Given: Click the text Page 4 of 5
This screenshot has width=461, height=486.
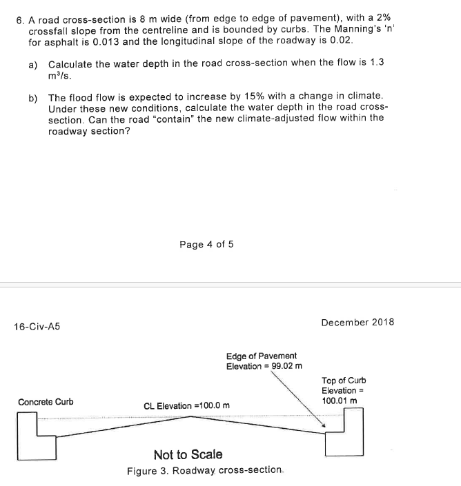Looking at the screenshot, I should point(206,244).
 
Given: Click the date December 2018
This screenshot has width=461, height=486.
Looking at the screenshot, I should point(357,322).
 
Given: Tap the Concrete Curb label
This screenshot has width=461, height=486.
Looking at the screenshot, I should point(46,402).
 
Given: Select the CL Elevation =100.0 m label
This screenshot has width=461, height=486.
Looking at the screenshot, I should point(186,405).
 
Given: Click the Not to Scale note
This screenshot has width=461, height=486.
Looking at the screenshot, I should point(188,454).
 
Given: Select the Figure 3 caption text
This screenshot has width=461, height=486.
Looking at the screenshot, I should point(205,471).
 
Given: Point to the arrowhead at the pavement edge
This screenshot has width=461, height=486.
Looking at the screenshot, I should point(322,425).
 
